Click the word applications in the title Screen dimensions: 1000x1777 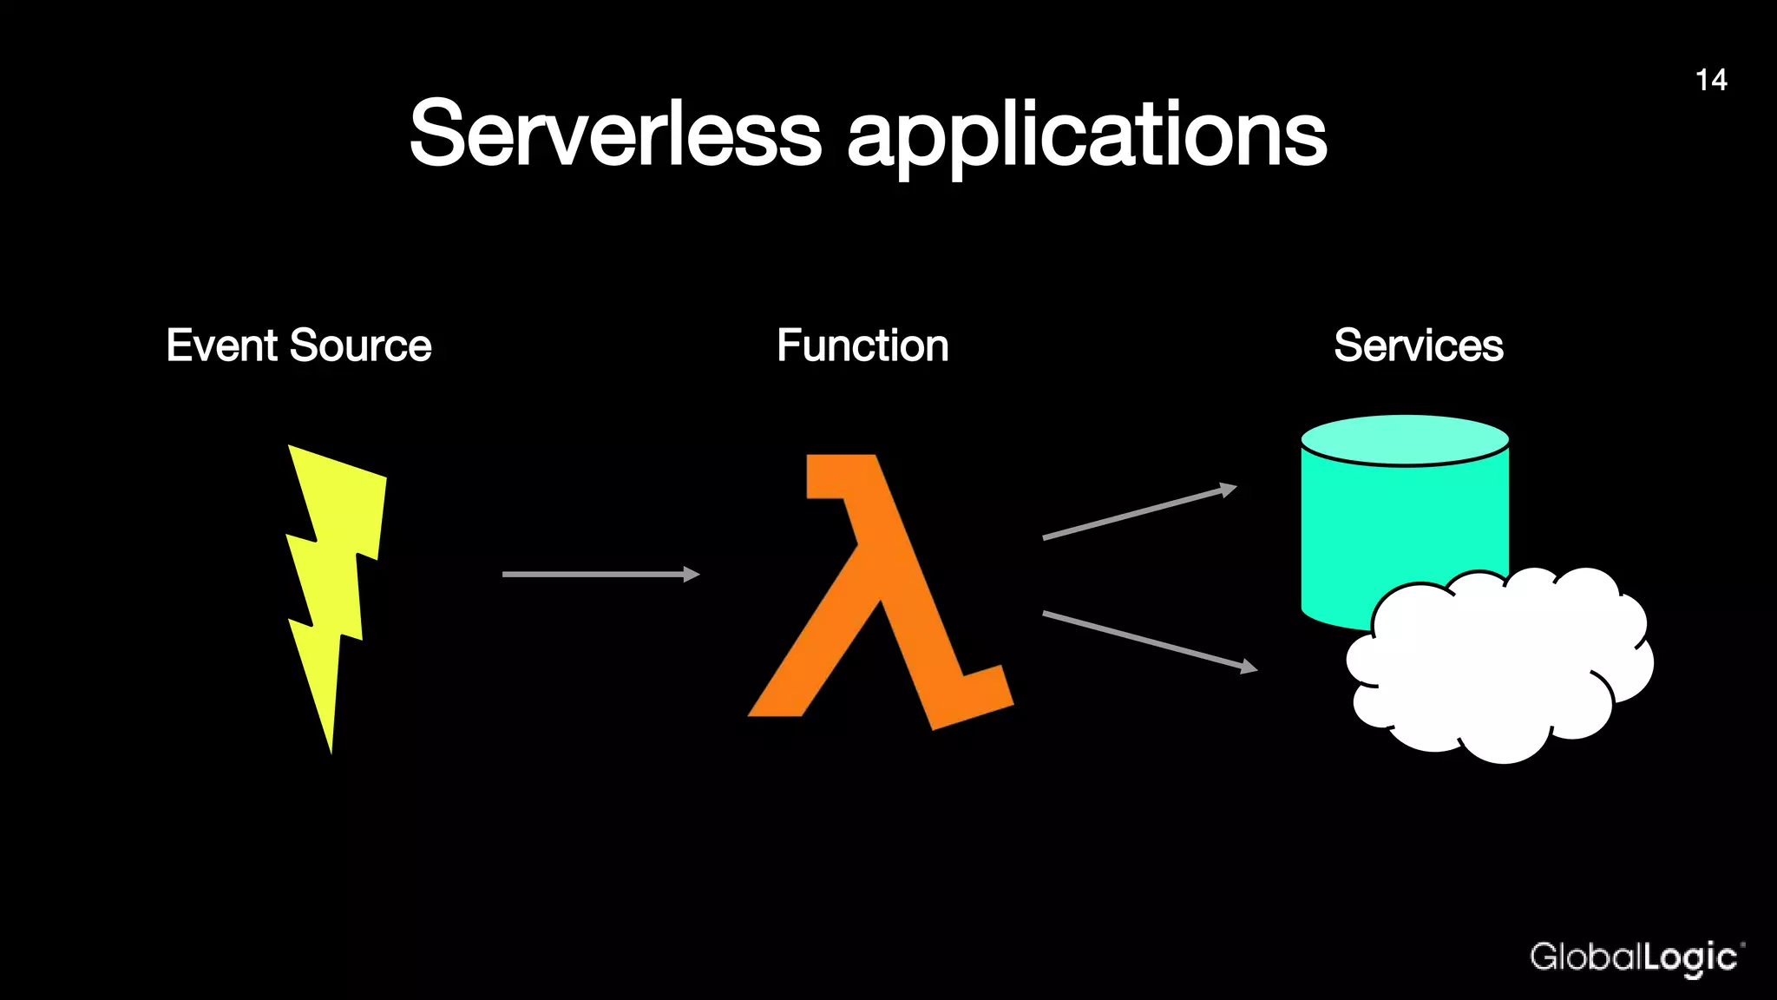pyautogui.click(x=1086, y=137)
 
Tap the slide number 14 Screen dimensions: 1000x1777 pyautogui.click(x=1710, y=80)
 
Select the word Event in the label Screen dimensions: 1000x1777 pyautogui.click(x=221, y=345)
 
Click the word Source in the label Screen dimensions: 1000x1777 pyautogui.click(x=360, y=345)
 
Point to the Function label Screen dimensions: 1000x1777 pyautogui.click(x=862, y=345)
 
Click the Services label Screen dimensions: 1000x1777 pyautogui.click(x=1418, y=345)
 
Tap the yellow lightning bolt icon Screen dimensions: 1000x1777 pyautogui.click(x=334, y=556)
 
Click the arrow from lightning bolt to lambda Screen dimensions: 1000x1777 pyautogui.click(x=599, y=574)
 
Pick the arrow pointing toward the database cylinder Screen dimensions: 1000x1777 pyautogui.click(x=1138, y=513)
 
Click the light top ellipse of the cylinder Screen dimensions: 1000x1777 pyautogui.click(x=1405, y=439)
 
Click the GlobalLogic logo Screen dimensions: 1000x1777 pyautogui.click(x=1635, y=957)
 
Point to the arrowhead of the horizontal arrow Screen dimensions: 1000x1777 pyautogui.click(x=692, y=574)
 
